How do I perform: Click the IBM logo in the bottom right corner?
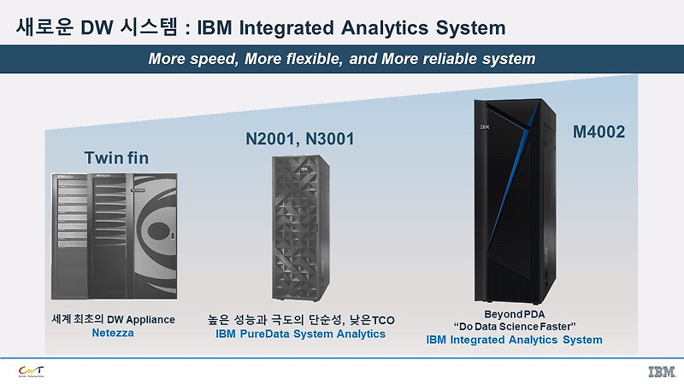(x=659, y=370)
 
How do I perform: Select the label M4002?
(x=599, y=132)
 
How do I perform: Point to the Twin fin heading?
(x=116, y=158)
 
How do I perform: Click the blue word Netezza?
(x=113, y=334)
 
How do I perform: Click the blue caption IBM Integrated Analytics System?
(x=514, y=340)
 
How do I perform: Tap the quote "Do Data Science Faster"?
(x=514, y=326)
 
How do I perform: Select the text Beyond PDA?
(x=514, y=313)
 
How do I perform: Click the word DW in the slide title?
(x=95, y=27)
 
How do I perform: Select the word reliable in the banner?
(x=454, y=59)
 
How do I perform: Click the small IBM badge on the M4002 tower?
(x=484, y=127)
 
